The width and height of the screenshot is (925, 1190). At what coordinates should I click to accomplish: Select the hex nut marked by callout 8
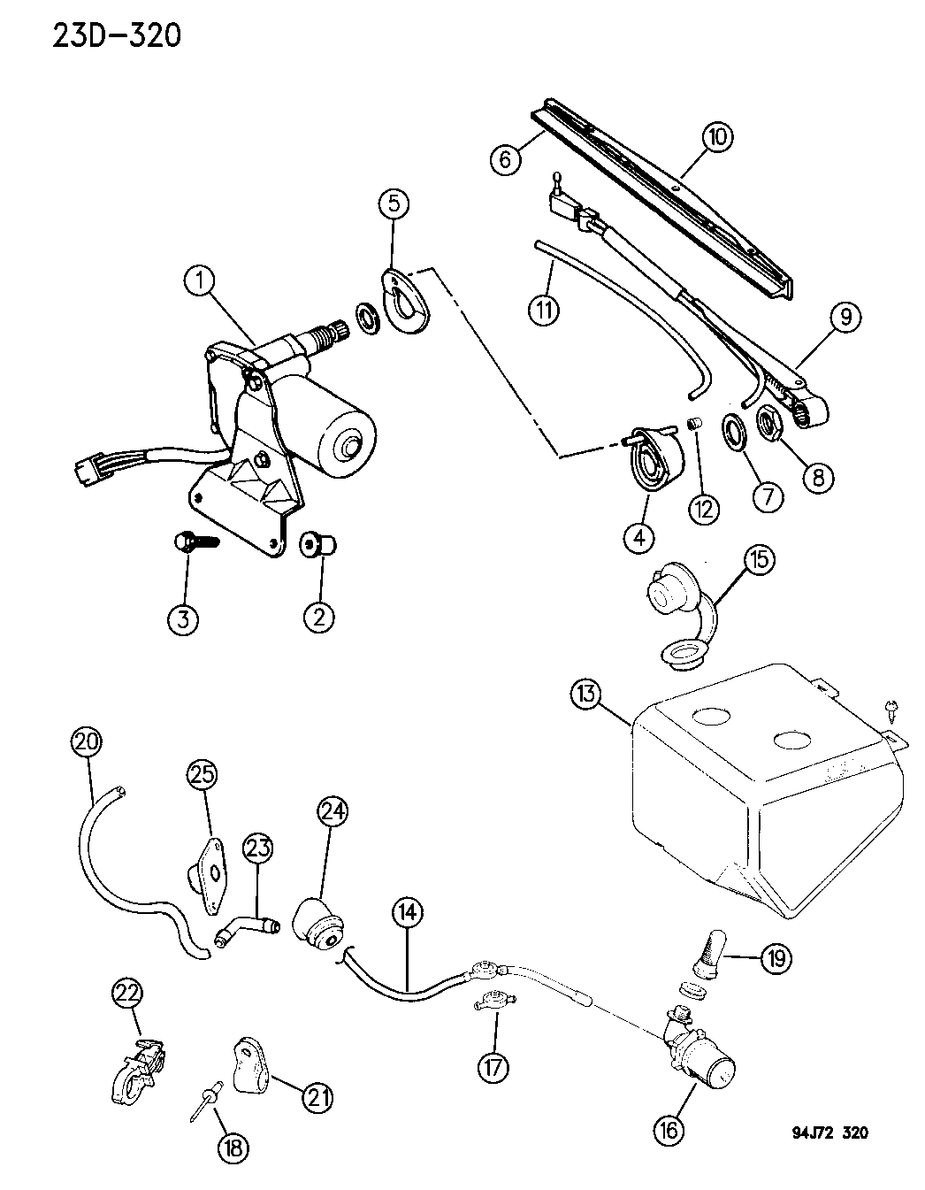(x=768, y=422)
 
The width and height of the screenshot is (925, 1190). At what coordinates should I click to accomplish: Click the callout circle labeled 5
(x=394, y=203)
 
